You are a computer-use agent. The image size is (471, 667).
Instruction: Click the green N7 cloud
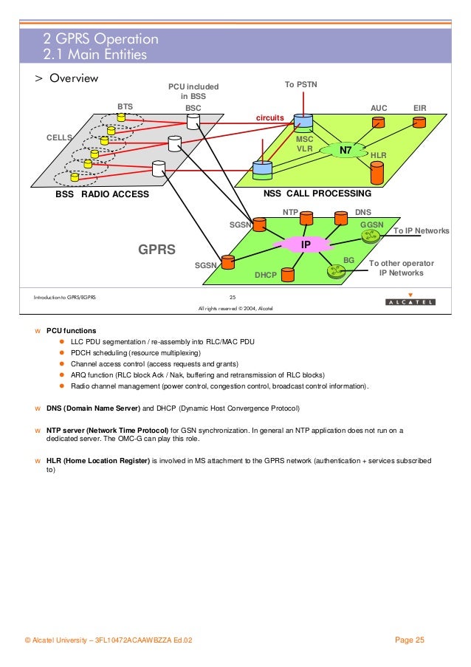point(345,151)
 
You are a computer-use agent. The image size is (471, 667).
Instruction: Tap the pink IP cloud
point(304,244)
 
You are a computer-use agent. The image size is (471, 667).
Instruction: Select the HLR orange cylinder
point(377,173)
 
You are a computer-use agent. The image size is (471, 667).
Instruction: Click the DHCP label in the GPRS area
point(265,275)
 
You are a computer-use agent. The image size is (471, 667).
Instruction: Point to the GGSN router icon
point(369,236)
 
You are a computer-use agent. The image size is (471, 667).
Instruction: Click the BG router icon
point(336,271)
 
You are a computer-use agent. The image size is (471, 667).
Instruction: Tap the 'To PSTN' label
point(300,85)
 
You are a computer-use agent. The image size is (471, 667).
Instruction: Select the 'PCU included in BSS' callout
point(193,92)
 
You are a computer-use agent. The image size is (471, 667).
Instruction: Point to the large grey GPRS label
point(157,250)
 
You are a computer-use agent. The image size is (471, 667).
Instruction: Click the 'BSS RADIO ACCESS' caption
point(103,194)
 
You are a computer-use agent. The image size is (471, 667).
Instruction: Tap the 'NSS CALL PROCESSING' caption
point(317,194)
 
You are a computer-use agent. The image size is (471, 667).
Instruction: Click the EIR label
point(421,107)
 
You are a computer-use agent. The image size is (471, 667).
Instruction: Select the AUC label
point(379,107)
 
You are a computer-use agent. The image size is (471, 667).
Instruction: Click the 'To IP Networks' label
point(421,231)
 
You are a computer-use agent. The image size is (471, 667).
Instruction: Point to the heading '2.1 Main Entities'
point(94,54)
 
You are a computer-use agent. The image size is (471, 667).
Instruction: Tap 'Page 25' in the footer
point(410,640)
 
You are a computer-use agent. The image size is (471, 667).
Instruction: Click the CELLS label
point(59,137)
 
